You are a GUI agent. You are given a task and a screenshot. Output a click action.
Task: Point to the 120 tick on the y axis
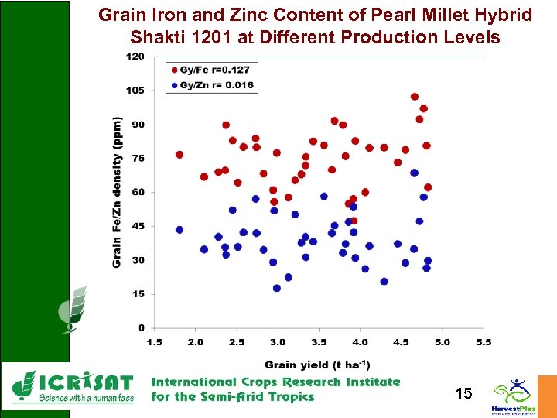pos(135,57)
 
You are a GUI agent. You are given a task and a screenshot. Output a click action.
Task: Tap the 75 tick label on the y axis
pos(138,158)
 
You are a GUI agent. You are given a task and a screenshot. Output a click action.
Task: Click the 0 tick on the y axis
pos(141,327)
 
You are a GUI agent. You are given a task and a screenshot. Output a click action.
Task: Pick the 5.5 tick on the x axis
pos(484,341)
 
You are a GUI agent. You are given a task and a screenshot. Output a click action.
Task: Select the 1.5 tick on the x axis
pos(154,341)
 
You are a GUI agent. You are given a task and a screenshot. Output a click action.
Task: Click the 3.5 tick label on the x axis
pos(319,341)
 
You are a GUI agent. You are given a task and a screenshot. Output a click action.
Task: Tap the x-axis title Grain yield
pos(317,364)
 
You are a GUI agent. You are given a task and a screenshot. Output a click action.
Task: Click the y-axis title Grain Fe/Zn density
pos(117,193)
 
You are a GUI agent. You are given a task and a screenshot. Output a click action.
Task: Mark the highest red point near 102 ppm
pos(415,97)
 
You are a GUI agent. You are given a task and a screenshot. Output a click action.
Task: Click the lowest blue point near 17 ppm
pos(277,288)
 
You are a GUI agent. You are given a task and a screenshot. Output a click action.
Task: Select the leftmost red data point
pos(179,155)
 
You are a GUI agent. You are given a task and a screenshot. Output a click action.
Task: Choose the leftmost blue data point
pos(179,230)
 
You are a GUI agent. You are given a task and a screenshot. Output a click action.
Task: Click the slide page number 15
pos(463,395)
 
